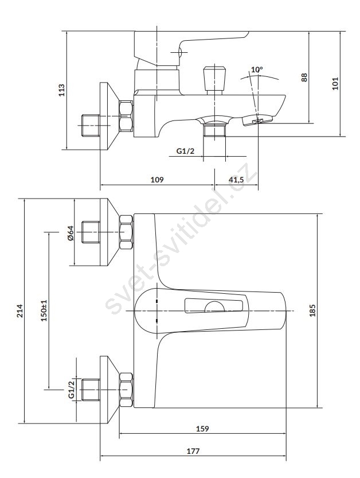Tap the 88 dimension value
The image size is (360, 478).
pyautogui.click(x=305, y=76)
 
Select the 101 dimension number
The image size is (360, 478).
pyautogui.click(x=336, y=83)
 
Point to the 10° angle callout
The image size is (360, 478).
pyautogui.click(x=257, y=70)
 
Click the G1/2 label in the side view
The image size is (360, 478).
pyautogui.click(x=185, y=151)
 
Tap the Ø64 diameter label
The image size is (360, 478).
pyautogui.click(x=70, y=234)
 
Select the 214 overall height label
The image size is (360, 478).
pyautogui.click(x=19, y=310)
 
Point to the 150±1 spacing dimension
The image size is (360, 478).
pyautogui.click(x=44, y=310)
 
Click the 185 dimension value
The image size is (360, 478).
pyautogui.click(x=312, y=310)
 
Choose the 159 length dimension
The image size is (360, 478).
pyautogui.click(x=202, y=429)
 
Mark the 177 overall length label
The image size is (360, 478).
pyautogui.click(x=193, y=451)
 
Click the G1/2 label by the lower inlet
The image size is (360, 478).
pyautogui.click(x=72, y=388)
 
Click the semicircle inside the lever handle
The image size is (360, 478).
pyautogui.click(x=216, y=308)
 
